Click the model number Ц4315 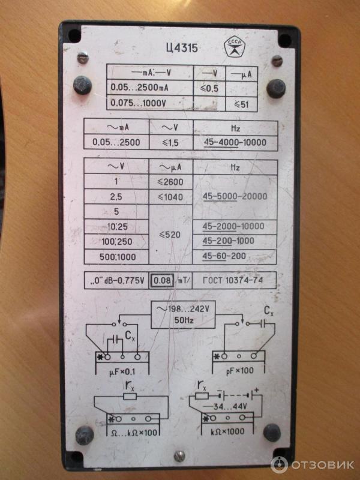(182, 48)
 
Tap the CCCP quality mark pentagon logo (235, 47)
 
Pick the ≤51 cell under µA (242, 104)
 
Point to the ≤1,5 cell (170, 143)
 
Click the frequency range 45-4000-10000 (235, 142)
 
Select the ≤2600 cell (170, 182)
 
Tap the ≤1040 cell (170, 197)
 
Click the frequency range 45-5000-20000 (235, 196)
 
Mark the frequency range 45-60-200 (224, 256)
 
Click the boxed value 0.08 (162, 280)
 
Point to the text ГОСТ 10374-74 (233, 280)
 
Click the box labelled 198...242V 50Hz (183, 314)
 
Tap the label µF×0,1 (122, 372)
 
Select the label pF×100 (240, 371)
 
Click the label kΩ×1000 (227, 431)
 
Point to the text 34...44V (225, 407)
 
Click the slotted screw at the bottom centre (179, 457)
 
